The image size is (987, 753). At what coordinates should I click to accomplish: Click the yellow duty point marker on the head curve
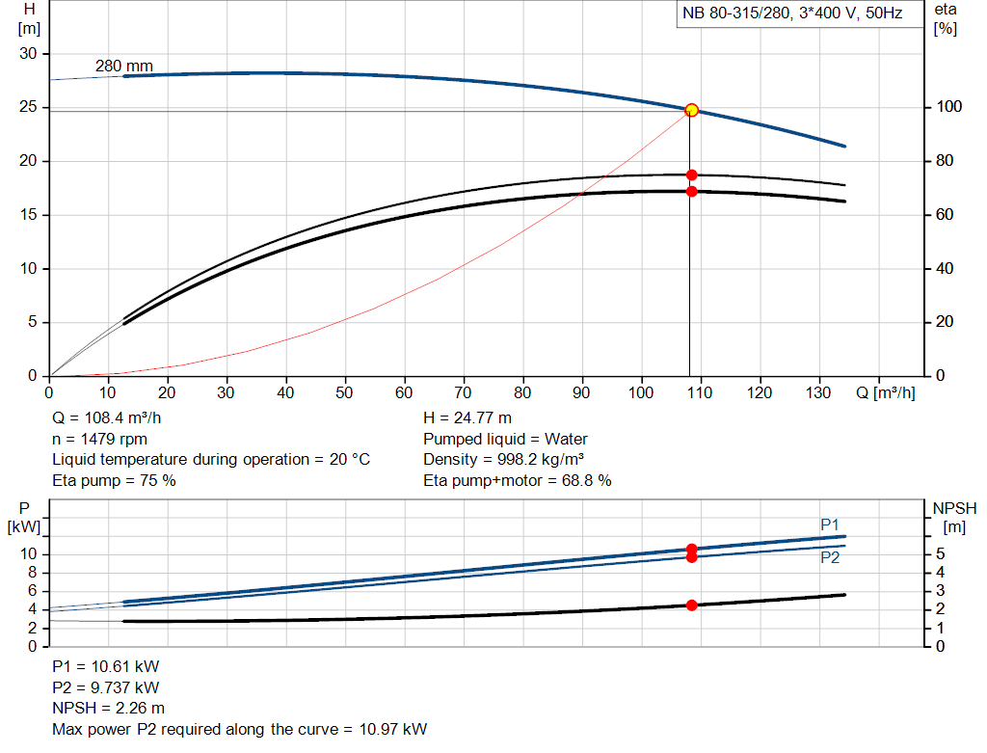691,111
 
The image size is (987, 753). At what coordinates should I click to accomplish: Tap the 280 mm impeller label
123,66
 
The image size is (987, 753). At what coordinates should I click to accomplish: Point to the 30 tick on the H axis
28,54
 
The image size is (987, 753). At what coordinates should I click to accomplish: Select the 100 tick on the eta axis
947,107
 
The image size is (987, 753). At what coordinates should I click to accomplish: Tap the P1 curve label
830,524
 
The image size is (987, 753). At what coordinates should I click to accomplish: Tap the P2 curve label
830,557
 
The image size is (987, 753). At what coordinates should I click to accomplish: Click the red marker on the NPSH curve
691,605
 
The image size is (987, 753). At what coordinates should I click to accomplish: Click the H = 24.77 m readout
467,418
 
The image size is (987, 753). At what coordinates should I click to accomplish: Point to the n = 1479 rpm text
99,439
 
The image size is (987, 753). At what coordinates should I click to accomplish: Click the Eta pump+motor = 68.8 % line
517,479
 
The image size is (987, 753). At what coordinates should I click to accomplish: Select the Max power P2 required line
239,729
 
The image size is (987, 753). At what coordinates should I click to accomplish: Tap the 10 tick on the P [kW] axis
29,554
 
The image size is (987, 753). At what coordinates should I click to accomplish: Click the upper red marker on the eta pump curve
691,175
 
